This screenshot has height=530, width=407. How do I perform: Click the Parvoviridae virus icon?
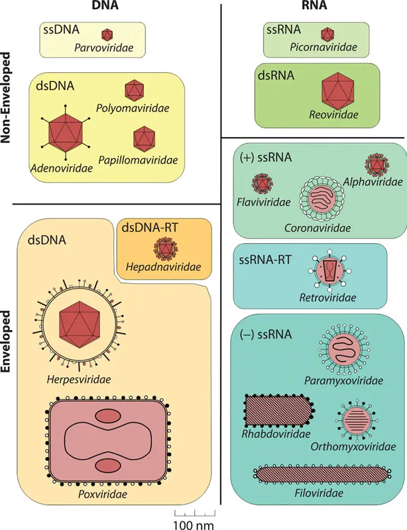[107, 34]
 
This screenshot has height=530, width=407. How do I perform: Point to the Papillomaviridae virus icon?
[143, 138]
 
